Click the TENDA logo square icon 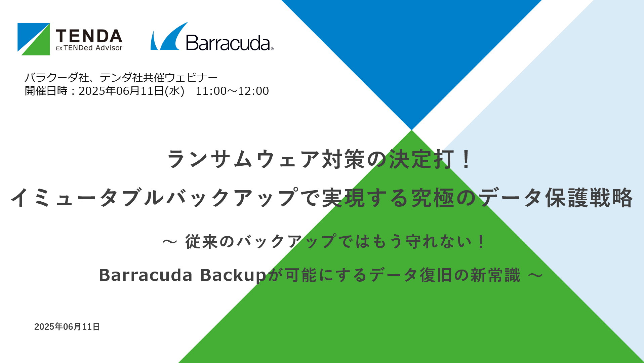click(x=34, y=39)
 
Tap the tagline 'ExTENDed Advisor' click(x=89, y=48)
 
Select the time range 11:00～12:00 click(x=232, y=91)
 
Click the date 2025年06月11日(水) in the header click(x=131, y=91)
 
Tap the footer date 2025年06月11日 click(x=67, y=327)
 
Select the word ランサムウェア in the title click(x=244, y=159)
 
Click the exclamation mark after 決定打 click(x=466, y=159)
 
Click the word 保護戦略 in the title click(x=589, y=198)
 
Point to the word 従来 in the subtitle click(x=202, y=242)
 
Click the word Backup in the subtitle click(x=233, y=275)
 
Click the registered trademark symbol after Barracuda click(x=272, y=49)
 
